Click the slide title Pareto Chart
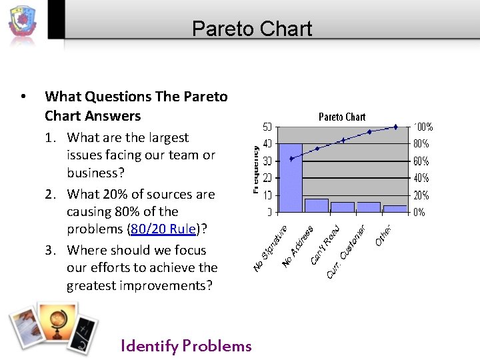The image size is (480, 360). click(x=251, y=29)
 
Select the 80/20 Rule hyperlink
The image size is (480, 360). click(x=164, y=229)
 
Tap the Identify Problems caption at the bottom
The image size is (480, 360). click(x=186, y=345)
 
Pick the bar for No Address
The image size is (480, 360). click(x=316, y=205)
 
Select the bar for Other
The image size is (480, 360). click(x=395, y=209)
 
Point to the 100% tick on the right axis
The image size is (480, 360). click(x=423, y=127)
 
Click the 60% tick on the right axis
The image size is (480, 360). click(x=421, y=161)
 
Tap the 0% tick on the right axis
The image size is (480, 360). click(x=419, y=213)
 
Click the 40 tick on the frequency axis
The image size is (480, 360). click(x=267, y=143)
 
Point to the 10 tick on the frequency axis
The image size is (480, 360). click(x=267, y=195)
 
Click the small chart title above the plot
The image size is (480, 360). click(x=342, y=117)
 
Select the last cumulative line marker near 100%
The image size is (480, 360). click(x=395, y=127)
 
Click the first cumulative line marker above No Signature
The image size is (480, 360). click(x=291, y=158)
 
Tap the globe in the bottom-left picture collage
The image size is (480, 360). click(x=55, y=326)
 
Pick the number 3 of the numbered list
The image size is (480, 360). click(x=50, y=251)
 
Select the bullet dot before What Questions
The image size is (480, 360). click(x=24, y=97)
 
